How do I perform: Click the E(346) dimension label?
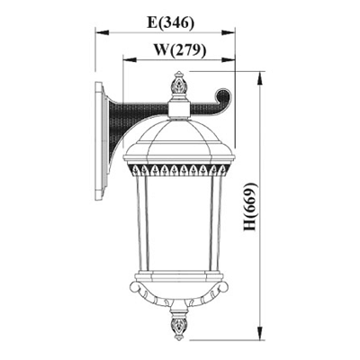pos(170,22)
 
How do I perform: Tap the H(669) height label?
pos(250,207)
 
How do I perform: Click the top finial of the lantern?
pos(179,86)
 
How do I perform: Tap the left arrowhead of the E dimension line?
pos(102,32)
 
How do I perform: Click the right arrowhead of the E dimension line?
pos(228,32)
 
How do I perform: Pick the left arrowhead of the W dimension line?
pos(130,59)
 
